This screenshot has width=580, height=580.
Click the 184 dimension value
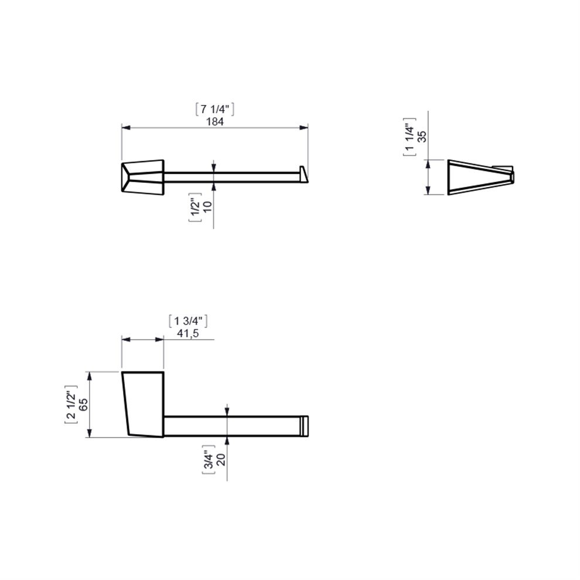214,121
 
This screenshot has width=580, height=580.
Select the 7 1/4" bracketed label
214,109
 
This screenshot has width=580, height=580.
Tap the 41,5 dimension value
188,333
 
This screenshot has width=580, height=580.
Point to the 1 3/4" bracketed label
188,320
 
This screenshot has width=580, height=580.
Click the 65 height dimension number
84,404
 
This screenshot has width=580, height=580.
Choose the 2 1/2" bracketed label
71,404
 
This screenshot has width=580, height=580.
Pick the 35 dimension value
422,137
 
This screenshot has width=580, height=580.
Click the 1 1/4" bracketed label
410,137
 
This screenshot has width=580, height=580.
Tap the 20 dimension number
220,459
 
